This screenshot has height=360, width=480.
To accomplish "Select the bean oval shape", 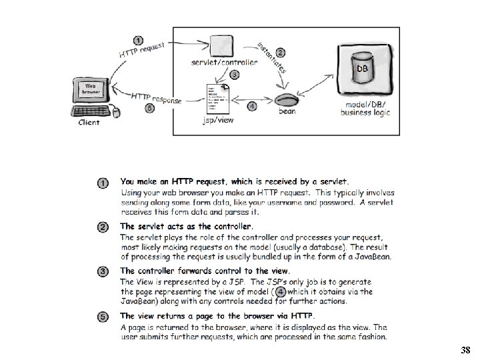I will [286, 102].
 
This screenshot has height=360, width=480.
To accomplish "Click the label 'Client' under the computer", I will [89, 123].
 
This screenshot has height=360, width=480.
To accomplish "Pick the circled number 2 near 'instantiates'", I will [281, 52].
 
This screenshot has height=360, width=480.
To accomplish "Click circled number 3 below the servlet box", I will [235, 74].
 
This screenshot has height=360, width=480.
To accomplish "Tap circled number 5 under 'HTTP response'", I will [149, 109].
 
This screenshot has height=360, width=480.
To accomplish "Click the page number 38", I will [465, 350].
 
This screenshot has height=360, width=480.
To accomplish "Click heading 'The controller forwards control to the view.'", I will [205, 271].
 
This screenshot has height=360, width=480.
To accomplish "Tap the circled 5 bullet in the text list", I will [103, 316].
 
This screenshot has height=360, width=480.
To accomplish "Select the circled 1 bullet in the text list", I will [103, 183].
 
